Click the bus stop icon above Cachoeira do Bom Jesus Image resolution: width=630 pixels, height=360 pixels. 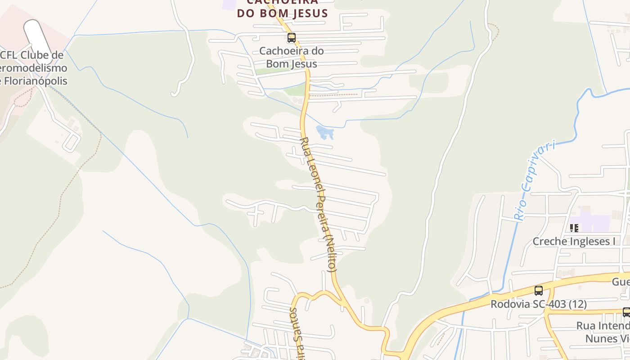click(292, 38)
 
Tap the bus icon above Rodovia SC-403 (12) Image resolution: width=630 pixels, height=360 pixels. click(539, 290)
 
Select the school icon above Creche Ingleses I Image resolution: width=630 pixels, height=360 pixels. click(574, 228)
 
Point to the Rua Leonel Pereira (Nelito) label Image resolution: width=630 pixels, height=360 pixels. click(318, 205)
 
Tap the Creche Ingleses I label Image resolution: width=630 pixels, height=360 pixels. click(574, 242)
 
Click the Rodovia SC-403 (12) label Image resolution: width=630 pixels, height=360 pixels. click(538, 304)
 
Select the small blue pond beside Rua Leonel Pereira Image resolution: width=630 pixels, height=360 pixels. click(325, 132)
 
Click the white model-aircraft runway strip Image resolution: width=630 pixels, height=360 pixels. click(39, 40)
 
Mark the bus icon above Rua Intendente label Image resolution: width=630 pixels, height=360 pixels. click(626, 312)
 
